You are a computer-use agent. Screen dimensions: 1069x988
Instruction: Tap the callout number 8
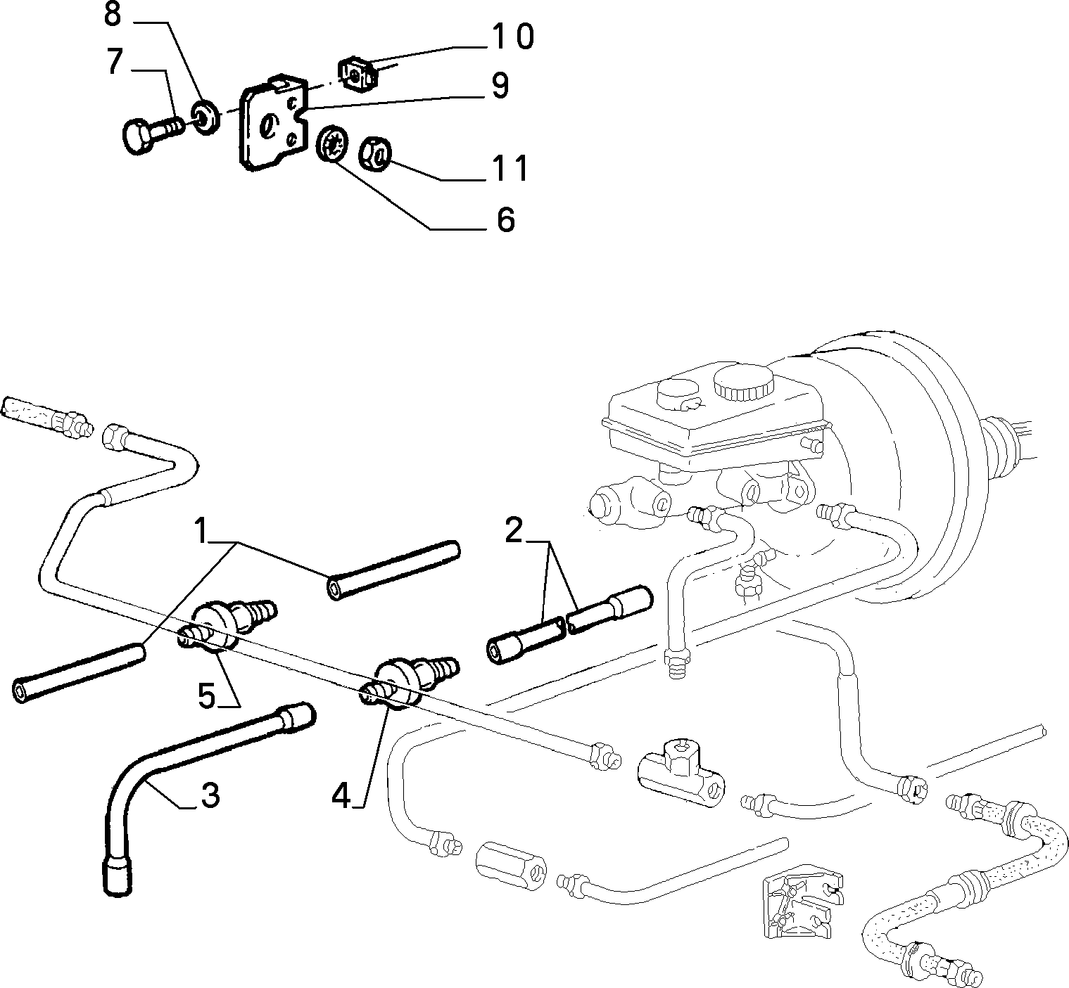(112, 15)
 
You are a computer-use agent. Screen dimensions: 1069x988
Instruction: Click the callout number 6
(506, 219)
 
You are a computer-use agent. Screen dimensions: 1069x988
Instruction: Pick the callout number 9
(500, 86)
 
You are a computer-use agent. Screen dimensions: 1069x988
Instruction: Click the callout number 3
(210, 795)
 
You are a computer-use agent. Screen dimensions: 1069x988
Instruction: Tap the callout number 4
(341, 795)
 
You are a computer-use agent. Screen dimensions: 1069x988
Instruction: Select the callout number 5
(207, 695)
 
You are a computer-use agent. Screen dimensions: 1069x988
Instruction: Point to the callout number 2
(514, 530)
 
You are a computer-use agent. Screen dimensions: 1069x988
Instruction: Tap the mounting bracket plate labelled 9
(274, 122)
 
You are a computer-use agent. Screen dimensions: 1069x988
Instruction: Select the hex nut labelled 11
(374, 155)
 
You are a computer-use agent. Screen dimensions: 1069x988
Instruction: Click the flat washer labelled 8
(205, 116)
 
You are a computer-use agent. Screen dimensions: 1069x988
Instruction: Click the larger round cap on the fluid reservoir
(743, 382)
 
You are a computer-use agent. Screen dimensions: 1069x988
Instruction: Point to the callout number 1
(201, 530)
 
